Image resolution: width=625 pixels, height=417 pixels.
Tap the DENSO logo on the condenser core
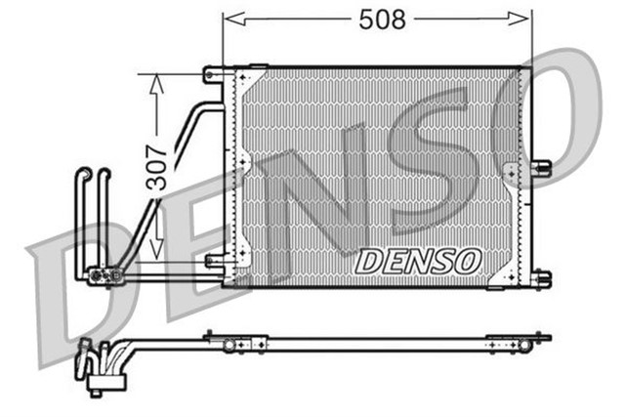418,261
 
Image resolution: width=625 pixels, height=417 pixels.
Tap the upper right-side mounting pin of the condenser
541,168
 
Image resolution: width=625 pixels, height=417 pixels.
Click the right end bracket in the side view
523,343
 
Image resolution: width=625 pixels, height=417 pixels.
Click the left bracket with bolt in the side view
230,343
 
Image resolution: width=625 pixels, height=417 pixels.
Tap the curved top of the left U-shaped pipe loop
84,174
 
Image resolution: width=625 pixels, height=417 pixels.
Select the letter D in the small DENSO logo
367,262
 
